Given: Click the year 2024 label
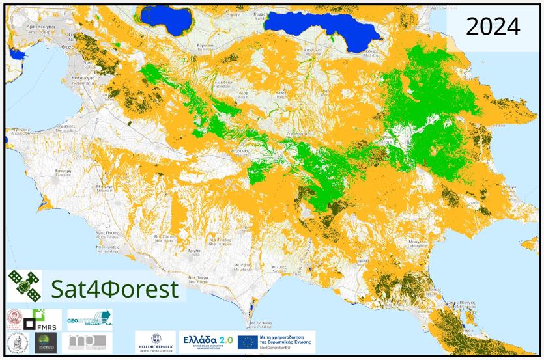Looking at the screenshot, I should coord(493,27).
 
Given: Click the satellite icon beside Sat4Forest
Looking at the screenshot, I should coord(24,285).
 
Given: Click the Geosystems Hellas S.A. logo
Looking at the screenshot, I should coord(89,320).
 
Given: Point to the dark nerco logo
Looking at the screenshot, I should coord(45,341).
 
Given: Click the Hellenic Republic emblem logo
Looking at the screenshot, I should coord(155,341).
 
